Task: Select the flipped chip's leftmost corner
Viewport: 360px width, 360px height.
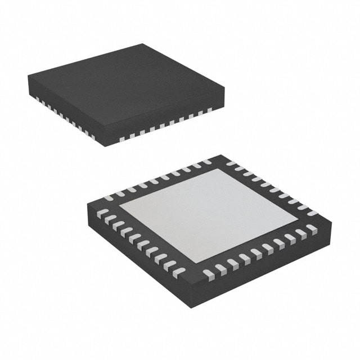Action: point(88,205)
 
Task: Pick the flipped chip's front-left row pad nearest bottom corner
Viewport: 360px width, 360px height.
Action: point(178,273)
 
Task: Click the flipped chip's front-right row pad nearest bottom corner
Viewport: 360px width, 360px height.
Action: point(209,274)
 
